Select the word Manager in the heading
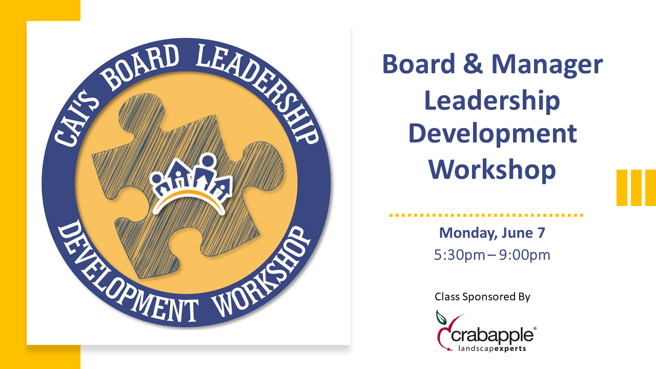(x=547, y=66)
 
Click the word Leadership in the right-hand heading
(x=492, y=101)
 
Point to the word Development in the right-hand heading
(x=493, y=135)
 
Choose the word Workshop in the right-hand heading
(x=492, y=169)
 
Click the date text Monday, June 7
(x=492, y=233)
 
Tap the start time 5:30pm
(x=460, y=255)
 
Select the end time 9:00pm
(x=524, y=255)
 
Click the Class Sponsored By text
(x=482, y=297)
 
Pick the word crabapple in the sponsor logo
(x=492, y=335)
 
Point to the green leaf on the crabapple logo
(x=441, y=317)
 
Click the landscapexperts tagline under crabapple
(x=492, y=348)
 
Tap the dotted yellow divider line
(x=486, y=215)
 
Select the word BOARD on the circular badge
(x=140, y=66)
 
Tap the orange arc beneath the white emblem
(x=189, y=199)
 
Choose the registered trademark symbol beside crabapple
(x=535, y=329)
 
